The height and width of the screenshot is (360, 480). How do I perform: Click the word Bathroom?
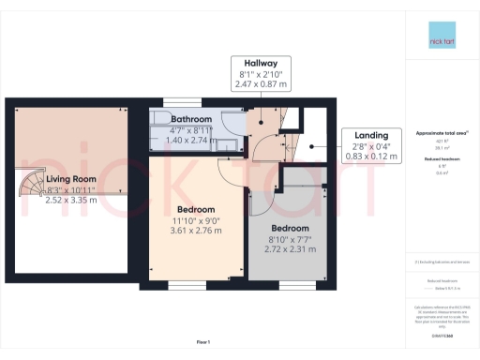click(x=190, y=119)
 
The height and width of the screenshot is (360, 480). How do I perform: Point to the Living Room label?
click(x=73, y=178)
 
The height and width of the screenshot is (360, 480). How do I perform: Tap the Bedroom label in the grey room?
click(x=291, y=228)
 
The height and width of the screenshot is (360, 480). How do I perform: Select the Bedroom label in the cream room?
click(x=197, y=209)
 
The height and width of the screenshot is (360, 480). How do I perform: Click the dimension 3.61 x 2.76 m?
click(x=197, y=231)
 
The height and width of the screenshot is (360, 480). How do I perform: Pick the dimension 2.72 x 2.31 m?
click(x=291, y=249)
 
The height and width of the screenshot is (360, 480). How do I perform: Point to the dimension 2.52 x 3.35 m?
click(x=73, y=200)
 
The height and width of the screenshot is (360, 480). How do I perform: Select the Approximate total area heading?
click(x=441, y=132)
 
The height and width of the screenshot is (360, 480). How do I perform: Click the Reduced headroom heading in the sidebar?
click(x=441, y=160)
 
